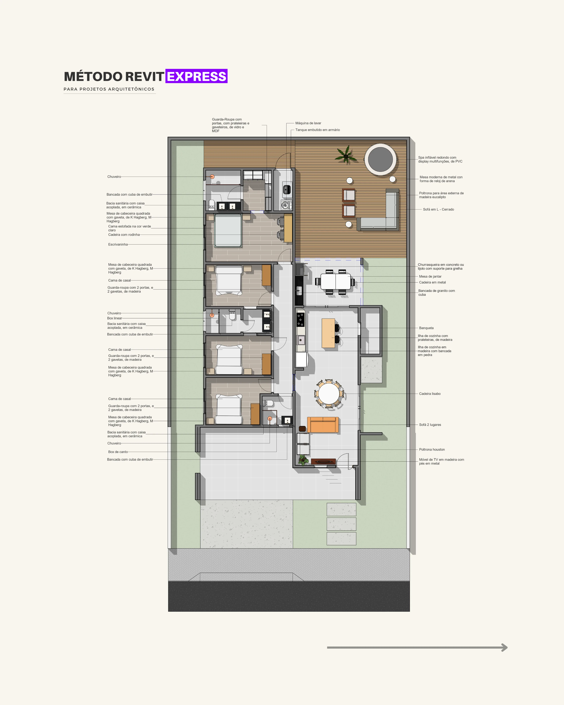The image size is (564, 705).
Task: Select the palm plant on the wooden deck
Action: pos(346,155)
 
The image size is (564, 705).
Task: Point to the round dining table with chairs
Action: pos(329,394)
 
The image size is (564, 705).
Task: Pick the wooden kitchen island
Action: pos(328,333)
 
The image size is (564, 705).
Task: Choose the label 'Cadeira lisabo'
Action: pos(430,394)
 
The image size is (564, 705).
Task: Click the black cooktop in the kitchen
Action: pos(300,319)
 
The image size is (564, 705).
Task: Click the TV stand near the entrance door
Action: pos(323,461)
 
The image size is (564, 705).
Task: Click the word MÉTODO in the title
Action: pos(93,77)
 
